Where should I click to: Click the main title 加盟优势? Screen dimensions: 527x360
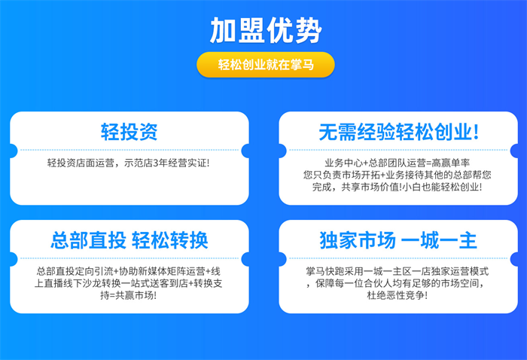click(266, 30)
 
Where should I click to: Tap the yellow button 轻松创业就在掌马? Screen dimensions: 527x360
click(266, 65)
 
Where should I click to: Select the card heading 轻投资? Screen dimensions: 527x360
click(129, 132)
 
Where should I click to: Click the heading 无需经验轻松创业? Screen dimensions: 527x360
click(398, 132)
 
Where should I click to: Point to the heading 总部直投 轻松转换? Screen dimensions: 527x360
click(129, 240)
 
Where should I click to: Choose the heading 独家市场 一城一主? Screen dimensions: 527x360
click(398, 240)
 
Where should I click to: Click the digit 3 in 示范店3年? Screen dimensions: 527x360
click(156, 163)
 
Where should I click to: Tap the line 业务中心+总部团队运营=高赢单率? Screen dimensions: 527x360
click(397, 163)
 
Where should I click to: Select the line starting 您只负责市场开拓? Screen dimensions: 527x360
click(398, 175)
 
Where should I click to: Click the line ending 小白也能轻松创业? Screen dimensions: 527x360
click(397, 187)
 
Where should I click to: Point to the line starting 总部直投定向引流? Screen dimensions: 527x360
click(129, 271)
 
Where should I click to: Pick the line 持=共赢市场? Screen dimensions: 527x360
click(129, 295)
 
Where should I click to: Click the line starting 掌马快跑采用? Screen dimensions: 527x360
click(398, 271)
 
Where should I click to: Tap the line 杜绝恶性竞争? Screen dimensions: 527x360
click(398, 295)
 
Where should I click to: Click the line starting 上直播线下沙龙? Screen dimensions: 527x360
click(129, 283)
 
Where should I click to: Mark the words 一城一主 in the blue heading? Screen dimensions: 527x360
click(439, 240)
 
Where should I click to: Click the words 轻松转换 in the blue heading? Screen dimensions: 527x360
click(170, 240)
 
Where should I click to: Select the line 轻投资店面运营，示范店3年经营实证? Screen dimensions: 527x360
click(129, 163)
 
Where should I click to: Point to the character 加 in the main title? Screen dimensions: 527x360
click(223, 30)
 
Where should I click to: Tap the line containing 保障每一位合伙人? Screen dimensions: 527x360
click(395, 283)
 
